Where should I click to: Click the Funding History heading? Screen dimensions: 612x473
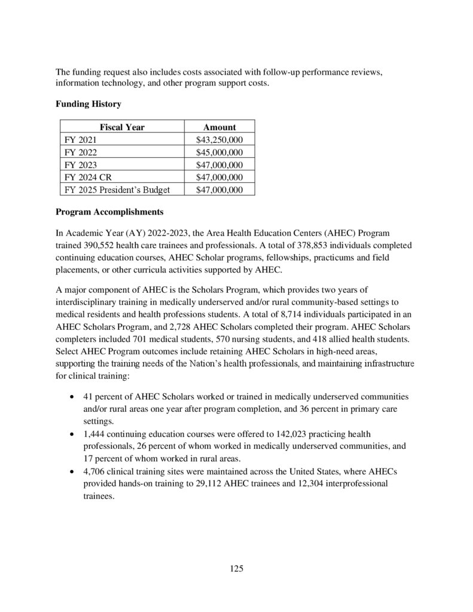pyautogui.click(x=89, y=104)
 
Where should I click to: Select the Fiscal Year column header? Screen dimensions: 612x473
pyautogui.click(x=122, y=127)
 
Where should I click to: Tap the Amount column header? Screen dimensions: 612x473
pyautogui.click(x=219, y=127)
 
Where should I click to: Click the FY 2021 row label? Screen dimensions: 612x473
pyautogui.click(x=78, y=139)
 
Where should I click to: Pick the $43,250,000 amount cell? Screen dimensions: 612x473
pyautogui.click(x=219, y=139)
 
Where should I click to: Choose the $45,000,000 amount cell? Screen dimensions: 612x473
pyautogui.click(x=219, y=152)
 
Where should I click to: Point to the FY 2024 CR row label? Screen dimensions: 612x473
pyautogui.click(x=85, y=177)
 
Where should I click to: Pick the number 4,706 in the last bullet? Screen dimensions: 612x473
pyautogui.click(x=96, y=470)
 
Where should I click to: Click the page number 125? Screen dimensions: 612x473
pyautogui.click(x=236, y=568)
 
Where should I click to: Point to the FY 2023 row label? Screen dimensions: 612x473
pyautogui.click(x=78, y=164)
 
